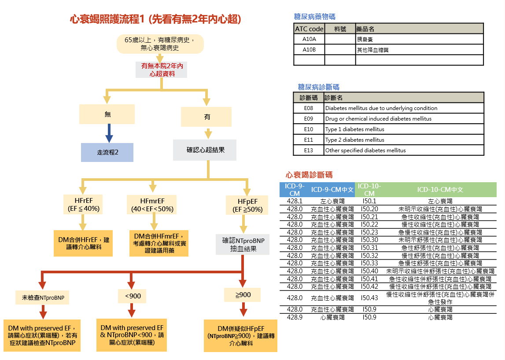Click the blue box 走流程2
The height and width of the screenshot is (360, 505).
[107, 153]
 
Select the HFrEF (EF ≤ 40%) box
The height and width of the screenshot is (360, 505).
[84, 204]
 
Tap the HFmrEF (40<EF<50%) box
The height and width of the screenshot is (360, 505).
[152, 204]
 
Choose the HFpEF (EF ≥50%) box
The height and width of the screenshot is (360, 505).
[247, 205]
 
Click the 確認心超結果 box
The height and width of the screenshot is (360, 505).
[205, 150]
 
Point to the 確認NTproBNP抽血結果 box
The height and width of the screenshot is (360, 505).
[243, 245]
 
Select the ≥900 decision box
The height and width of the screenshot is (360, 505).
[243, 295]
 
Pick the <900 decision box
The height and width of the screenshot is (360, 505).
[133, 296]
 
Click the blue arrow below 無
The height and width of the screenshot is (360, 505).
[108, 133]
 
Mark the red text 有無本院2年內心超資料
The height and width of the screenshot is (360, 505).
[162, 70]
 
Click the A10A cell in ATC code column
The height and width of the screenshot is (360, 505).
[309, 39]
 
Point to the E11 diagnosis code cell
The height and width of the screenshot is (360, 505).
[309, 140]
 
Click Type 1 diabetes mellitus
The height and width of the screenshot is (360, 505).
[354, 129]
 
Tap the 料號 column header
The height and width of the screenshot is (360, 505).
[340, 29]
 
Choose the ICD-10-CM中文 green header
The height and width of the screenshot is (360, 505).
[440, 190]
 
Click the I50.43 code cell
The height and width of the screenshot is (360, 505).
[369, 298]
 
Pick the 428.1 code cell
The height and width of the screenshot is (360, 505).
[295, 201]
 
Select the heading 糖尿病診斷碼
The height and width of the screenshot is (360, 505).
[318, 87]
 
